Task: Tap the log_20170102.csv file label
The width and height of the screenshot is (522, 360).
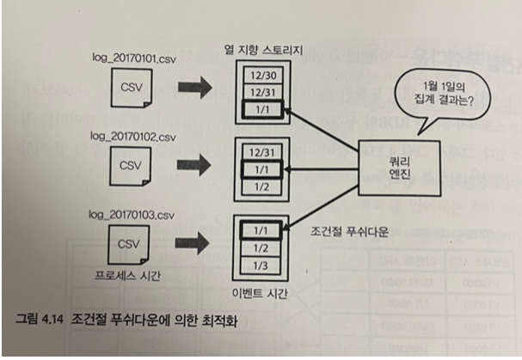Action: [x=131, y=137]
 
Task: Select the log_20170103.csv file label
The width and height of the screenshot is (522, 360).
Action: [x=131, y=211]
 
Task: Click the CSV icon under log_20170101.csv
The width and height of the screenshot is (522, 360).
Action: [x=130, y=87]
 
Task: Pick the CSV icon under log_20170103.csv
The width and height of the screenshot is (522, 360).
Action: [x=129, y=246]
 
